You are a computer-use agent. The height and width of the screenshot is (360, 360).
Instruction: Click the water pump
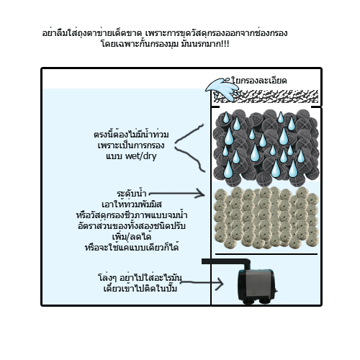(x=257, y=287)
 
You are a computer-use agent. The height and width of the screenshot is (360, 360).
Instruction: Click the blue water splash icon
(x=222, y=89)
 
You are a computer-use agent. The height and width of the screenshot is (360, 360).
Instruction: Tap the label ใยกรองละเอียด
(x=259, y=81)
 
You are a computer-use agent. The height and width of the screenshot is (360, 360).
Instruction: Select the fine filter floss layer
(x=266, y=96)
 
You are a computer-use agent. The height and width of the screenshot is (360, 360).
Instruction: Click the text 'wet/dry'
(x=141, y=156)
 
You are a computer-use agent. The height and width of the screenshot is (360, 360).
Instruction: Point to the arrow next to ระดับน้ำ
(x=176, y=194)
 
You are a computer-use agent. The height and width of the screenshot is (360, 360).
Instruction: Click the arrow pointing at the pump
(x=202, y=283)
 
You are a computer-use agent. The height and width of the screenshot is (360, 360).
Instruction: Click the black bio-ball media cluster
(x=266, y=148)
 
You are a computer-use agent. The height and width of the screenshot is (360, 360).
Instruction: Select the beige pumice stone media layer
(x=266, y=217)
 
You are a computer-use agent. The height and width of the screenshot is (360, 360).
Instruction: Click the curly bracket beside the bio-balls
(x=189, y=148)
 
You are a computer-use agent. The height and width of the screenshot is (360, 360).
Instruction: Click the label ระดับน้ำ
(x=132, y=194)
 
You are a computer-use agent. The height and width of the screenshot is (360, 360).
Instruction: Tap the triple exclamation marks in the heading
(x=225, y=44)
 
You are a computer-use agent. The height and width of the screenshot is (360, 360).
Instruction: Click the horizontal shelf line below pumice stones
(x=266, y=254)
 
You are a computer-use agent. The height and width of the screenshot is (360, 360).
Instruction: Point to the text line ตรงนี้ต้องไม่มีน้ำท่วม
(x=131, y=134)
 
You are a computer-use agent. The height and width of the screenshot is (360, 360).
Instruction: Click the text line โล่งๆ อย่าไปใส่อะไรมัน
(x=140, y=278)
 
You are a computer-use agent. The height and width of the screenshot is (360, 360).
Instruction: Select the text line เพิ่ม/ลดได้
(x=132, y=237)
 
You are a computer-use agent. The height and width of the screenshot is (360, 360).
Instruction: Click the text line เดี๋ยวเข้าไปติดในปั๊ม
(x=140, y=288)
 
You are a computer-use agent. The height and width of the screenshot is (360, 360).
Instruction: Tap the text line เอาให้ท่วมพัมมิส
(x=132, y=204)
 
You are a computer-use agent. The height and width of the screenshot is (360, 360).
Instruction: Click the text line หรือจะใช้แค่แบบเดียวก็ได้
(x=132, y=247)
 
